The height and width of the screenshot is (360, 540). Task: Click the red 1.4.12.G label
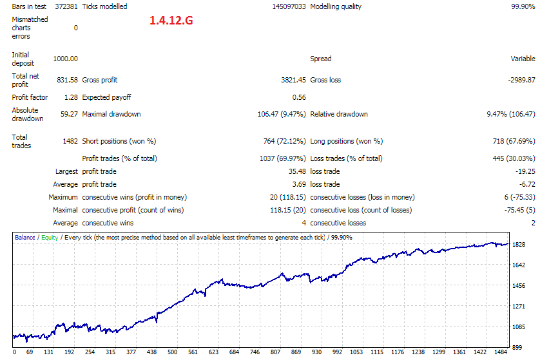[171, 21]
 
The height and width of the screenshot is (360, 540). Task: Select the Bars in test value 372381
[66, 6]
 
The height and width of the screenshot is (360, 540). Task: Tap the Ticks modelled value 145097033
[289, 6]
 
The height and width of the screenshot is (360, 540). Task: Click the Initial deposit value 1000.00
[66, 59]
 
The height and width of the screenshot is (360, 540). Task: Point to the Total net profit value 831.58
[68, 81]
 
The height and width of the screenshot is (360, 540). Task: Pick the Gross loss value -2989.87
[521, 81]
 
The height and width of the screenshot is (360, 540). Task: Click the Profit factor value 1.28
[72, 97]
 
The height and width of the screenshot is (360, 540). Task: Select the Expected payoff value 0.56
[299, 97]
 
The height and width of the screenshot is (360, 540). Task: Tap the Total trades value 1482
[70, 141]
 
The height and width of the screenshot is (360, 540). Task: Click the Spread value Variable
[523, 59]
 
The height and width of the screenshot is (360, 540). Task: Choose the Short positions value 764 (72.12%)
[284, 141]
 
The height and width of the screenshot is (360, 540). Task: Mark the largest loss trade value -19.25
[525, 171]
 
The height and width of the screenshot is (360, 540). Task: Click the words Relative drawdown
[339, 114]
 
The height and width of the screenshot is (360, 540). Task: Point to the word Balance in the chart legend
[24, 238]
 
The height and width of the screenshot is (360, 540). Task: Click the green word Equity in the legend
[50, 238]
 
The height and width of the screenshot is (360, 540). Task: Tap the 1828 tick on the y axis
[519, 244]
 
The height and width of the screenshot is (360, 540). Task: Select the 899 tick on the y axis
[517, 348]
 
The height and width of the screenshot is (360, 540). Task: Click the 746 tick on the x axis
[255, 352]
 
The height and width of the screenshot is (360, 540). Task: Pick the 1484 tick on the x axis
[501, 352]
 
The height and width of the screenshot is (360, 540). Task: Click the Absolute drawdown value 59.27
[69, 114]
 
